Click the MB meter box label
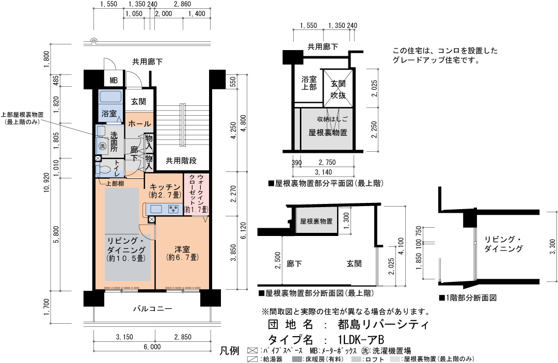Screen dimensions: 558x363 coord(114,80)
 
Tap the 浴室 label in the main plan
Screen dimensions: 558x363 coord(109,114)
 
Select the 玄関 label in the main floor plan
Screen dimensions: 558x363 coord(138,102)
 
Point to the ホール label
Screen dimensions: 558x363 coord(139,123)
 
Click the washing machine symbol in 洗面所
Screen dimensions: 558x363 coord(103,146)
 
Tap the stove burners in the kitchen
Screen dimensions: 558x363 coord(173,209)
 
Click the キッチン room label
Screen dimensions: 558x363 coord(165,187)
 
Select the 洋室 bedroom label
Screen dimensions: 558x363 coord(182,249)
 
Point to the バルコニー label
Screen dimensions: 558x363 coord(153,309)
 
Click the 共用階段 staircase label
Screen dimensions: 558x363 coord(181,161)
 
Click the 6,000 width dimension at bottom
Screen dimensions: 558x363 coord(152,346)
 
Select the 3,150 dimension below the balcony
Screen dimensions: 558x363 coord(124,337)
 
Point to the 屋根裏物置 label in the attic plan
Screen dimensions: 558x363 coord(328,133)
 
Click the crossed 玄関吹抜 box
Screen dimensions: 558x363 coord(338,88)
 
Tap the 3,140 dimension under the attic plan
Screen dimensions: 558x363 coord(324,172)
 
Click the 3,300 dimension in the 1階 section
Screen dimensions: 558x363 coord(552,247)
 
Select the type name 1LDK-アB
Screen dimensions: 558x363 coord(361,339)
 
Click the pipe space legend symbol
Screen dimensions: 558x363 coord(252,350)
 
